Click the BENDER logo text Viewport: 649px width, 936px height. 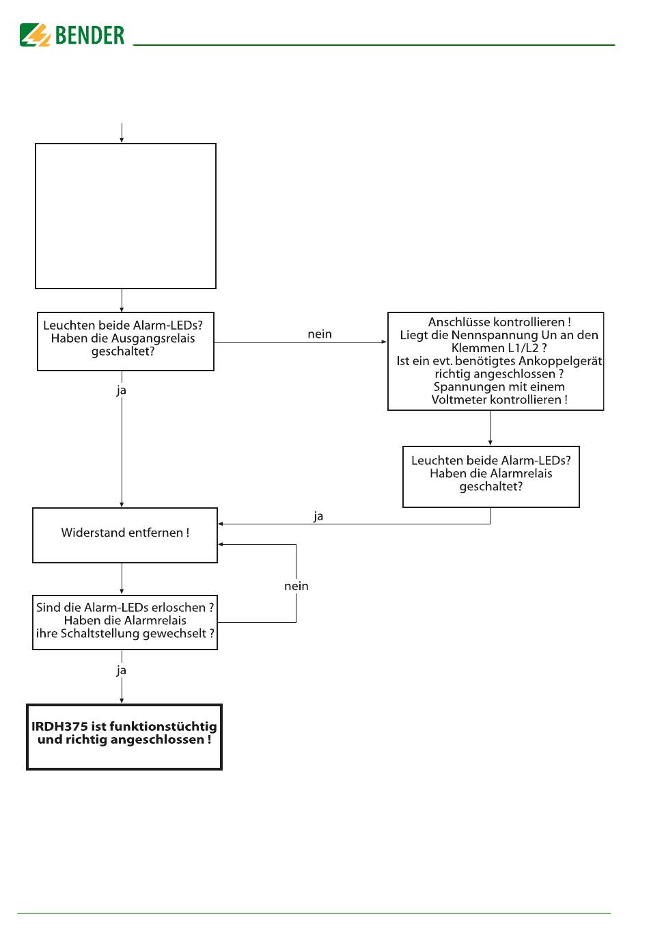pyautogui.click(x=89, y=35)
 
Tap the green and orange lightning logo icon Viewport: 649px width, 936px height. pyautogui.click(x=35, y=35)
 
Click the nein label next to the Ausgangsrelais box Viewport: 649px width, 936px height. pyautogui.click(x=320, y=334)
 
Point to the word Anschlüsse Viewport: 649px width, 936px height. pyautogui.click(x=454, y=322)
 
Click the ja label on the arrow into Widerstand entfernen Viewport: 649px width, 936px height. pyautogui.click(x=318, y=516)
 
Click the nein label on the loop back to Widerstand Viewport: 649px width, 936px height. pyautogui.click(x=296, y=586)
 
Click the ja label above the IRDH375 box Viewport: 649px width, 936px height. pyautogui.click(x=121, y=670)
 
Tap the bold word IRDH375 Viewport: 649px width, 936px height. pyautogui.click(x=59, y=727)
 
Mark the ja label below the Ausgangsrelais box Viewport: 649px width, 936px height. pyautogui.click(x=121, y=390)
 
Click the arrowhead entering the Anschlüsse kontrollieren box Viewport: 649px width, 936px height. pyautogui.click(x=384, y=342)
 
